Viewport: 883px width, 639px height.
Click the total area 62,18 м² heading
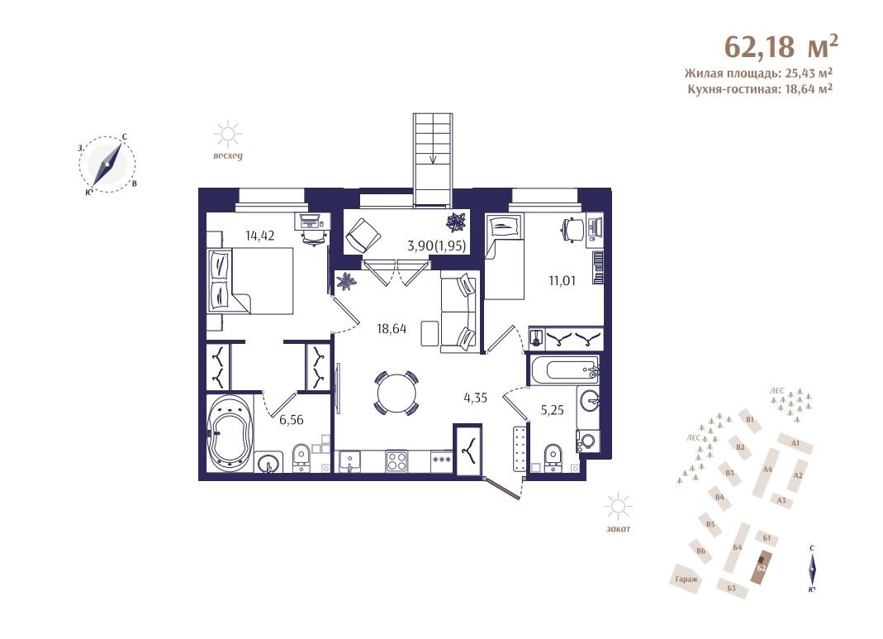(x=781, y=46)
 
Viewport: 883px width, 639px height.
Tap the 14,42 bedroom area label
(x=259, y=236)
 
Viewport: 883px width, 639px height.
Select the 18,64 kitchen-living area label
(x=392, y=328)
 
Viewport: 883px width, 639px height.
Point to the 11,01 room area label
(x=562, y=280)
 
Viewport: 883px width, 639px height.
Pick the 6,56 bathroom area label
(x=291, y=419)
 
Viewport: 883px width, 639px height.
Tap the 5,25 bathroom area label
(x=552, y=410)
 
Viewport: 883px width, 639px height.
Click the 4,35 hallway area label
(x=475, y=398)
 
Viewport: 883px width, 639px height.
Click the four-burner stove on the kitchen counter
(x=397, y=461)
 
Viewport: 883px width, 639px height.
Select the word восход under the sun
(x=227, y=156)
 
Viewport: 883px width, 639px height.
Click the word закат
(x=619, y=529)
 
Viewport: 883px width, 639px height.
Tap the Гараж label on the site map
(x=686, y=579)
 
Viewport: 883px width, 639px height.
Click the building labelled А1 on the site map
(x=795, y=443)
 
